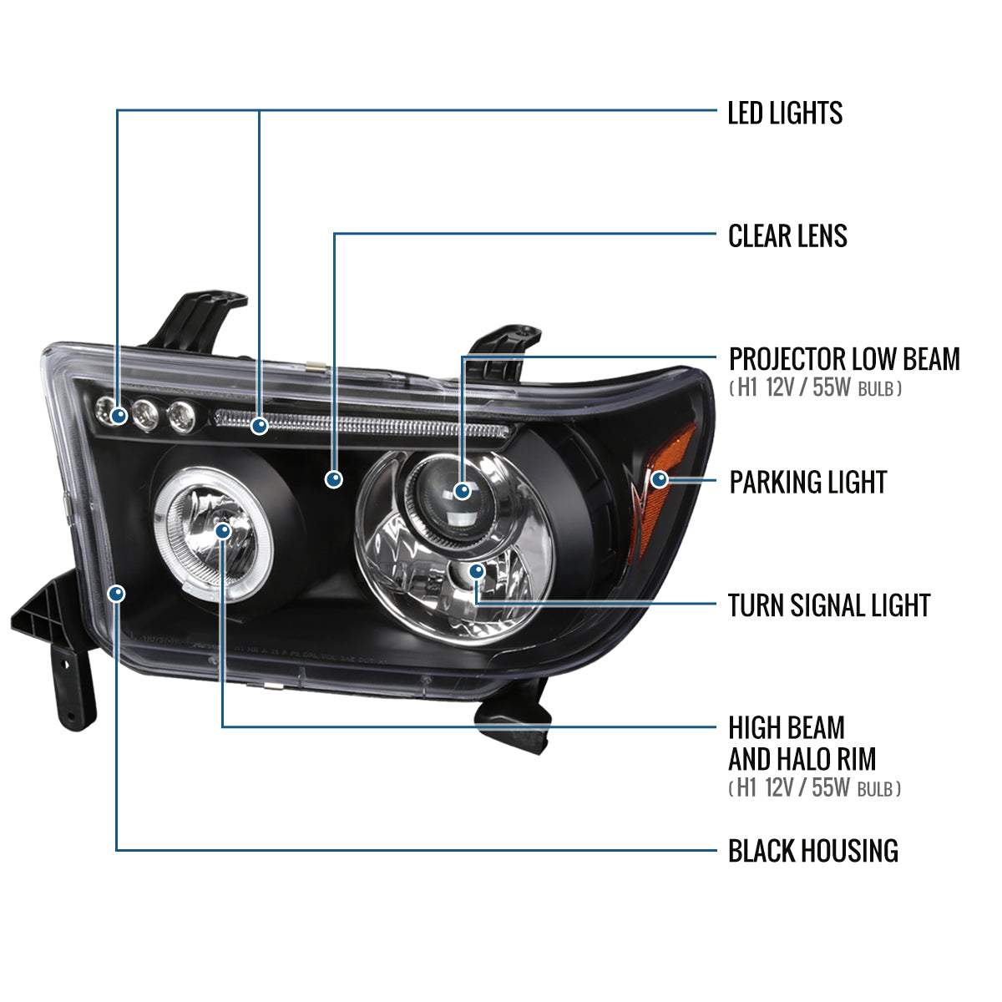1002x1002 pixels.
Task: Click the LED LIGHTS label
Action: tap(784, 113)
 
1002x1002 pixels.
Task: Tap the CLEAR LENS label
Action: tap(787, 236)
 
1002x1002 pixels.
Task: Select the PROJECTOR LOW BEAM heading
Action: tap(843, 359)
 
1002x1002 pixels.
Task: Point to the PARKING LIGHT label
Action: tap(807, 482)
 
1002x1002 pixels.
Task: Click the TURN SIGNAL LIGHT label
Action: tap(828, 605)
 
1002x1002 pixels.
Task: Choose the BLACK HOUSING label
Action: tap(812, 851)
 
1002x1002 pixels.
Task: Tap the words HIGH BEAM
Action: tap(787, 728)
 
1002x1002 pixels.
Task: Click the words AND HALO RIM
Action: tap(802, 759)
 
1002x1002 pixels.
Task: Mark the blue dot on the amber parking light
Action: tap(660, 479)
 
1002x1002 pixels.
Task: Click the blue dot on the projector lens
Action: tap(463, 490)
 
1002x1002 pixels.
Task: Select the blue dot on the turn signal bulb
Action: tap(476, 571)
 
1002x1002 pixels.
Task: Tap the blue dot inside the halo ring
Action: tap(222, 530)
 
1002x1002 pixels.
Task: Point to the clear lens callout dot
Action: tap(334, 479)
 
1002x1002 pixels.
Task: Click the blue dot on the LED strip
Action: tap(260, 426)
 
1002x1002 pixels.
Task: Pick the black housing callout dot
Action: tap(117, 593)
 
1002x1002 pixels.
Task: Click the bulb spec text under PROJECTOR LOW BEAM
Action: tap(814, 388)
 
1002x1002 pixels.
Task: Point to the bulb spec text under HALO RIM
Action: tap(814, 787)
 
